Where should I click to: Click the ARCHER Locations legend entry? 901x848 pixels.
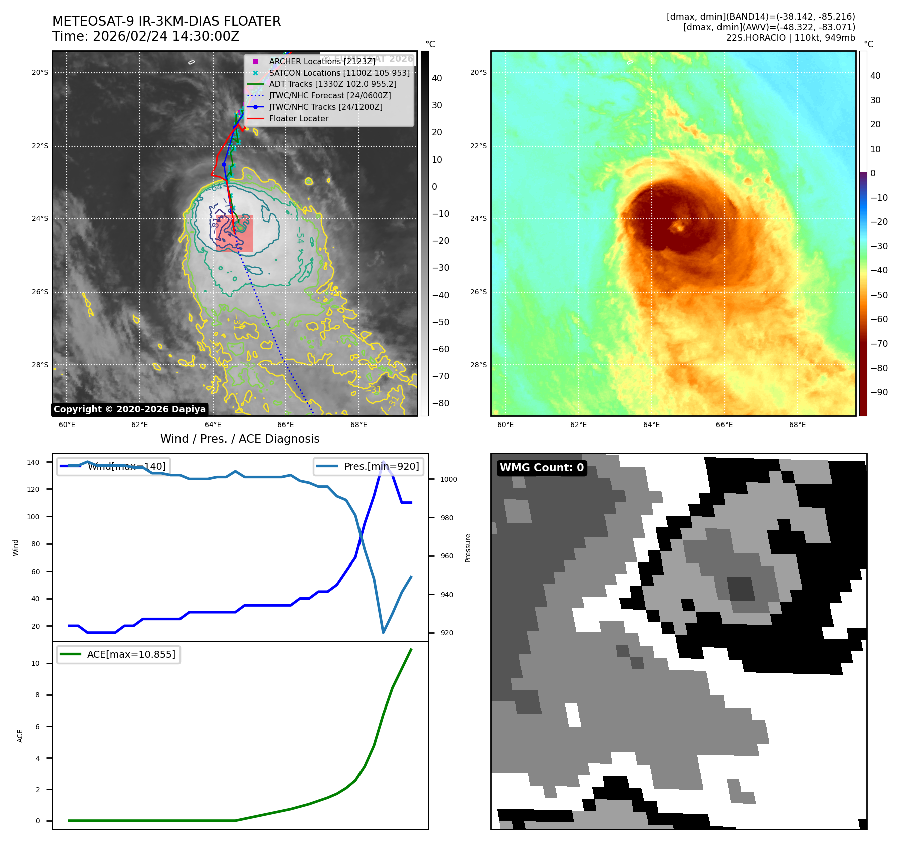(321, 61)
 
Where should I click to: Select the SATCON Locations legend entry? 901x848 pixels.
(339, 73)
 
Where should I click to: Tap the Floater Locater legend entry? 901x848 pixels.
(298, 118)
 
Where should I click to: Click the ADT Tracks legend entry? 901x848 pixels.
(332, 84)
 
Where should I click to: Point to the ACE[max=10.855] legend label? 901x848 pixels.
(131, 654)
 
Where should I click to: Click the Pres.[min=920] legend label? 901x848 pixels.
(381, 466)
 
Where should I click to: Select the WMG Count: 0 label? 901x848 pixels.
(542, 468)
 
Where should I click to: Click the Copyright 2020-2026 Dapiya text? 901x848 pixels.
(129, 409)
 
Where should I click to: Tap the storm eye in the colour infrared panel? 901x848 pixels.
(679, 227)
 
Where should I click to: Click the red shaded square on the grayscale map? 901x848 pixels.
(234, 233)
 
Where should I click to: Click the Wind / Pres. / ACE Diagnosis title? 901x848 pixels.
(240, 439)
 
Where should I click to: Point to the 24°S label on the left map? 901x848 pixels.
(40, 219)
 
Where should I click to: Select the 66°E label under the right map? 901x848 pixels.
(724, 425)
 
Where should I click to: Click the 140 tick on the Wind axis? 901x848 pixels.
(33, 462)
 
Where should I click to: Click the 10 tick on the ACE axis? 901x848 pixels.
(35, 663)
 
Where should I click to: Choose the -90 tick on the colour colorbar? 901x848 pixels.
(879, 392)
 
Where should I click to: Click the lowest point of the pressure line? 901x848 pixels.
(383, 632)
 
